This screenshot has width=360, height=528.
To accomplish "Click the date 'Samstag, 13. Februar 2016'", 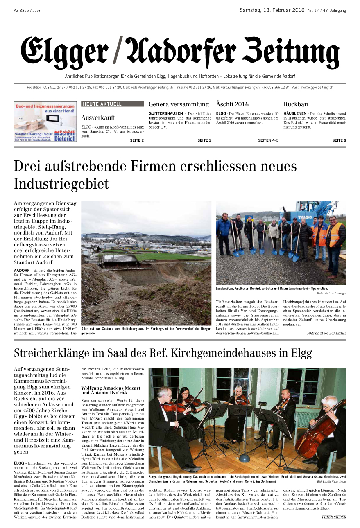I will click(272, 10).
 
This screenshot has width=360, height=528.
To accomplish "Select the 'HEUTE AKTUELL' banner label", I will click(102, 104).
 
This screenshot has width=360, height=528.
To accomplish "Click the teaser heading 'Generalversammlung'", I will click(179, 104).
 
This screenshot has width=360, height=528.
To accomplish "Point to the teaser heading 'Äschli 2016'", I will click(232, 104).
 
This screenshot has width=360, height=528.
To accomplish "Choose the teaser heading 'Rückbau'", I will click(296, 104).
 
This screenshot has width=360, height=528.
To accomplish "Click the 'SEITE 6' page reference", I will click(339, 140).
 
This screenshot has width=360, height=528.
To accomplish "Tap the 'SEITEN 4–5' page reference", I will click(268, 140).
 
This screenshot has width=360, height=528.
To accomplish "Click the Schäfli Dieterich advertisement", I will click(45, 122).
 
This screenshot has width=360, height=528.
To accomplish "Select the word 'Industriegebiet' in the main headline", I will click(61, 184).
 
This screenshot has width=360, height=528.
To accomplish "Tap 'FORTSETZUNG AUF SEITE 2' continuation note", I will click(326, 334).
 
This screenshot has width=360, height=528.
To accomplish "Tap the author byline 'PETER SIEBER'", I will click(334, 517).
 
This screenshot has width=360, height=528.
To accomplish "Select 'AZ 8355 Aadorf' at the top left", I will click(28, 10).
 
